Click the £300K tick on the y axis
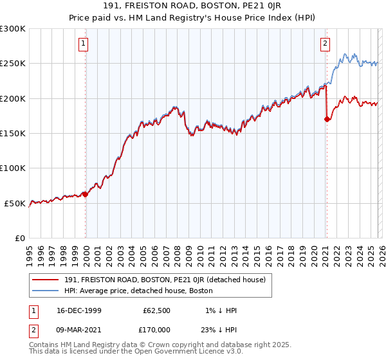click(x=13, y=29)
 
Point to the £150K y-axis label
click(x=13, y=134)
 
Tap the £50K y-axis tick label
click(x=15, y=203)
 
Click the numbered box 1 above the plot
click(x=85, y=44)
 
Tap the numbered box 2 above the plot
click(x=326, y=44)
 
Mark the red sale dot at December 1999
click(x=85, y=194)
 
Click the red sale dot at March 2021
click(x=326, y=119)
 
